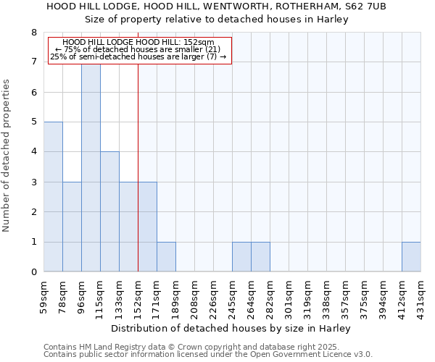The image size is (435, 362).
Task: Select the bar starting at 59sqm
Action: point(53,197)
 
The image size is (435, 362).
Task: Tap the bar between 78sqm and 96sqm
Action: point(72,227)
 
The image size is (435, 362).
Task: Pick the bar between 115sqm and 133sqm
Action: point(109,211)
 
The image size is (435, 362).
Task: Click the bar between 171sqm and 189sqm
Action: point(166,257)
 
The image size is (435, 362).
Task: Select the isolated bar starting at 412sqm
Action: point(411,257)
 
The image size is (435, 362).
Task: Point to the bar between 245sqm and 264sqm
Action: point(241,257)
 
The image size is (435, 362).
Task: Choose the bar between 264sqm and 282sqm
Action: point(260,257)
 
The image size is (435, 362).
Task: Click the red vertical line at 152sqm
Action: point(138,167)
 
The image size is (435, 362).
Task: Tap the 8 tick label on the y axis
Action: point(33,33)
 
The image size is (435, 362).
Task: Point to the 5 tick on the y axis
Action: point(33,122)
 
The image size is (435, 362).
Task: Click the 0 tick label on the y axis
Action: point(33,272)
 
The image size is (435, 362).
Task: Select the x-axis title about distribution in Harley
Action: point(232,328)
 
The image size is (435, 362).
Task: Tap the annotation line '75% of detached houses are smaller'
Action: point(138,49)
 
